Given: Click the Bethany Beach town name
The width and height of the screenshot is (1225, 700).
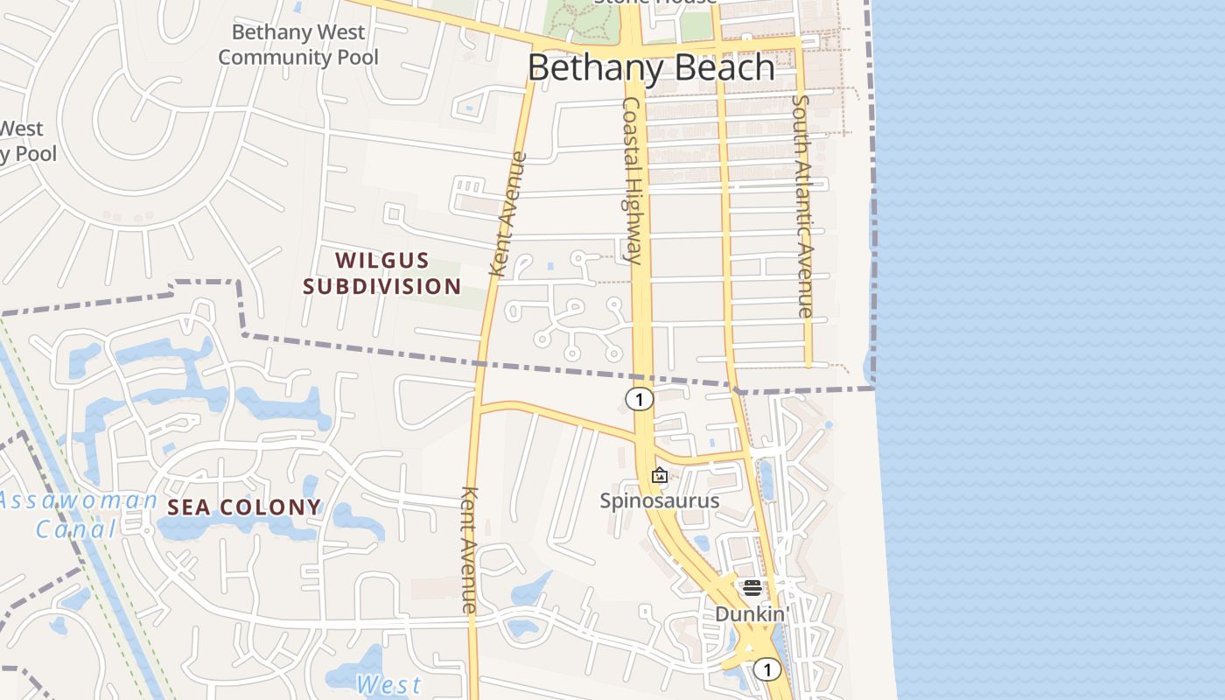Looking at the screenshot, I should tap(651, 67).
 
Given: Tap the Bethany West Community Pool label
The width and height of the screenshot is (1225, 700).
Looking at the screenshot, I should tap(298, 45).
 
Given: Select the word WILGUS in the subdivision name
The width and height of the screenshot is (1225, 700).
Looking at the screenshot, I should tap(382, 260).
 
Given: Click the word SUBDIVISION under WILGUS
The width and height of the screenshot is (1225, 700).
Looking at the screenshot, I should tap(382, 286).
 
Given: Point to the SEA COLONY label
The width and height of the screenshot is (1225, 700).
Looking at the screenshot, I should tap(244, 507).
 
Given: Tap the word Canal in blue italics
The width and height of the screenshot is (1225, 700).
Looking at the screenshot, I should tap(76, 529).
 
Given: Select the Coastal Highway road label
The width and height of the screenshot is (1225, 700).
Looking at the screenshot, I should tap(633, 179).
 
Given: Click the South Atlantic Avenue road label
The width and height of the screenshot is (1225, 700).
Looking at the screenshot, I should tap(802, 206).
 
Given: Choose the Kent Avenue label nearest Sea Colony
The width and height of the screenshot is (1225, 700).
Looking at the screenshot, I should tap(470, 549).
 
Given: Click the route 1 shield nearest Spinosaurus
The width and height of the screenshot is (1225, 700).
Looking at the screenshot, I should tap(640, 400).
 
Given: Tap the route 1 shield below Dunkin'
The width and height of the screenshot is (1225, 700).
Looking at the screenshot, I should tap(767, 670).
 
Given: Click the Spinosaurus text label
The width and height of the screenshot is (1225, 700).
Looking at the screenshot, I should tap(659, 500).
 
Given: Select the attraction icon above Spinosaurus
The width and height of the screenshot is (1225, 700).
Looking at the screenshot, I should tap(660, 476).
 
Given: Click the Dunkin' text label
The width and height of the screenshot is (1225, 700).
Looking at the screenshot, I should tap(752, 614).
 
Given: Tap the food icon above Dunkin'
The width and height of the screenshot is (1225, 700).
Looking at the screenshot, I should tap(752, 587).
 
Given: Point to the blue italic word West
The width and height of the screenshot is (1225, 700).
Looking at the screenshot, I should tap(389, 684).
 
